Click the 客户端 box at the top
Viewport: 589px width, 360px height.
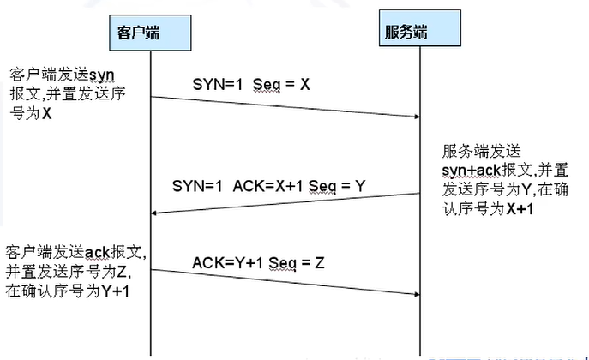[x=138, y=33]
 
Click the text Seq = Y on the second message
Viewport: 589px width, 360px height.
[x=323, y=183]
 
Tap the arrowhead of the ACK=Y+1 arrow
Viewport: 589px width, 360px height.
[x=416, y=294]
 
